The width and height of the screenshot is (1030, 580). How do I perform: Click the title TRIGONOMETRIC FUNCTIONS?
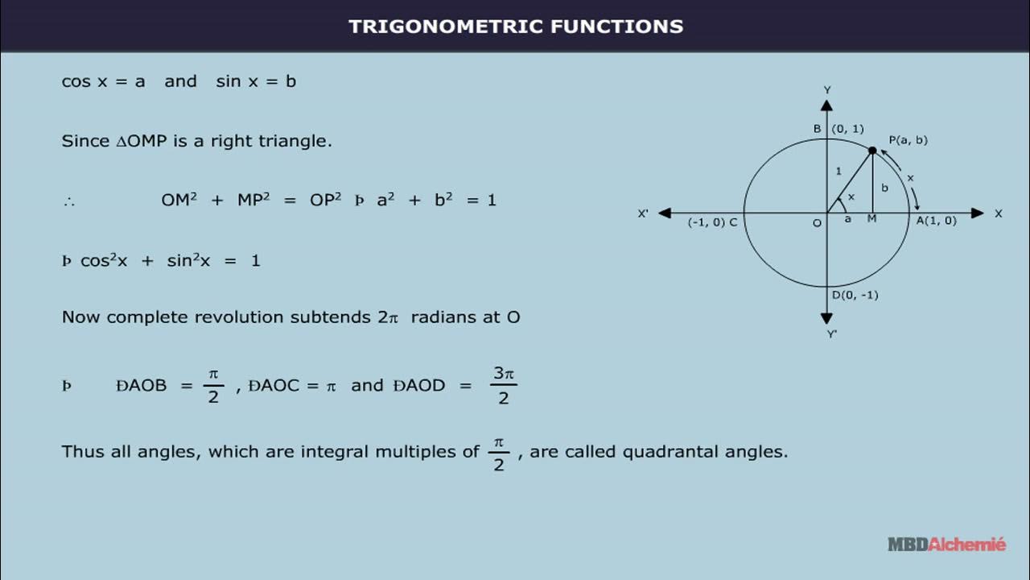[x=516, y=26]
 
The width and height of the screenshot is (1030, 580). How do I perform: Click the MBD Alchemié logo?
[x=946, y=545]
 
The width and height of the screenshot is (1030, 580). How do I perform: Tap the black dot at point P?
[x=872, y=151]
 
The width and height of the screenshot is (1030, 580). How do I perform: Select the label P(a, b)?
[x=908, y=139]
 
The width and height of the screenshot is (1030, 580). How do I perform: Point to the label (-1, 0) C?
[x=712, y=222]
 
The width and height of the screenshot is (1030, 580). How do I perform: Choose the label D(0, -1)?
[x=855, y=295]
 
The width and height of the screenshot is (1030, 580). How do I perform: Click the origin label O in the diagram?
[x=817, y=223]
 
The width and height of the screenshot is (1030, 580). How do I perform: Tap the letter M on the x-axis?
[x=871, y=219]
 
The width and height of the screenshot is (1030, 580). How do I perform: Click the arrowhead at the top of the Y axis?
[x=826, y=105]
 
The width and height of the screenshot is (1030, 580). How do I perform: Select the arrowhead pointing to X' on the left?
[x=665, y=213]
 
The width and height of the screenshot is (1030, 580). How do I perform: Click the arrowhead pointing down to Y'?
[x=826, y=318]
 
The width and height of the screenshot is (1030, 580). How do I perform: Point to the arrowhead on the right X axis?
[x=977, y=213]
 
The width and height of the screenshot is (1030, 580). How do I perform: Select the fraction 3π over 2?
[x=504, y=386]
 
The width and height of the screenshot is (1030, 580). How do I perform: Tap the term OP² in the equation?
[x=326, y=200]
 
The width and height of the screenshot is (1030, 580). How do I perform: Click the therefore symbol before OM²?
[x=68, y=201]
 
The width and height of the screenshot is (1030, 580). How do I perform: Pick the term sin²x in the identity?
[x=188, y=260]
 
